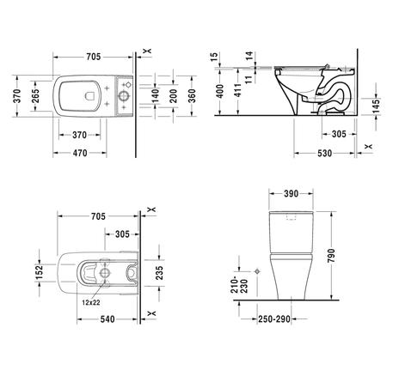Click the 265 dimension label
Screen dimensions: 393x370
coord(35,96)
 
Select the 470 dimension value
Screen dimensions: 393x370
coord(80,153)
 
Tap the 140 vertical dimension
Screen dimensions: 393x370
coord(155,96)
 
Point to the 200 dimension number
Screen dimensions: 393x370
coord(173,96)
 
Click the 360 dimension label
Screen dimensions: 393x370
coord(192,96)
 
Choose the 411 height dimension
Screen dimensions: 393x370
coord(237,90)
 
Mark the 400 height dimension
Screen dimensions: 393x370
coord(220,91)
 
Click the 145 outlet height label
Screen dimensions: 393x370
coord(377,105)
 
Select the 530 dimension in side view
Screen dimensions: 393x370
coord(324,154)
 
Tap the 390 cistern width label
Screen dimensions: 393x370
coord(291,194)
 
